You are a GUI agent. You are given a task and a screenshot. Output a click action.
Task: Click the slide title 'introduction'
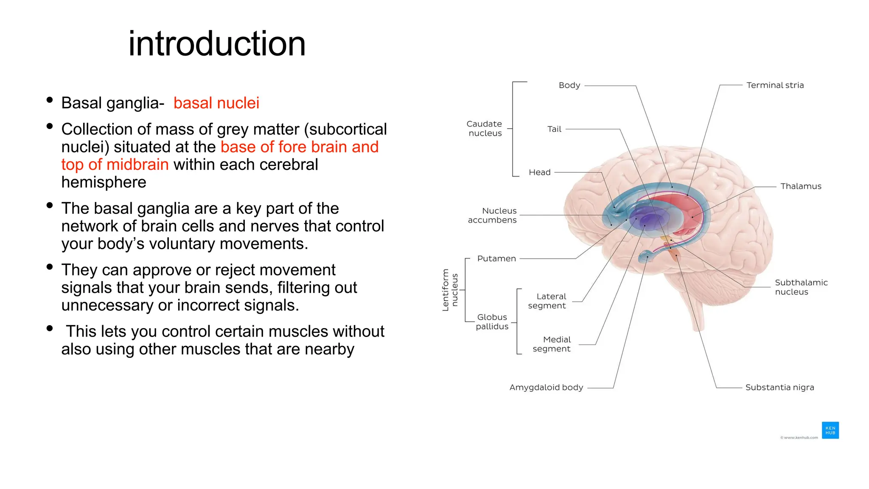[217, 44]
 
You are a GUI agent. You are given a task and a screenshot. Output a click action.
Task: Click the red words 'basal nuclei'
[216, 103]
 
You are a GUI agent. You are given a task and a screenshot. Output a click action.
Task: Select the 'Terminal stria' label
[775, 85]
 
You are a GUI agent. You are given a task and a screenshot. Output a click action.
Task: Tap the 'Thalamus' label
[801, 186]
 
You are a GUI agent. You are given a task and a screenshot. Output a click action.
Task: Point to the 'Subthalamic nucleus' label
[801, 287]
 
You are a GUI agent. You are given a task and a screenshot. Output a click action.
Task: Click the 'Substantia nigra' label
[779, 388]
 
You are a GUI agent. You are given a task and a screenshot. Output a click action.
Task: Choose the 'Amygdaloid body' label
[546, 388]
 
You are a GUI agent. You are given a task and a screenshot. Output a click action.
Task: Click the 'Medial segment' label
[552, 344]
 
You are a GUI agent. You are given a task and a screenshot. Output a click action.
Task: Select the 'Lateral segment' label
[547, 301]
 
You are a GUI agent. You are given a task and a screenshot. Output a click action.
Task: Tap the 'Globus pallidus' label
[492, 322]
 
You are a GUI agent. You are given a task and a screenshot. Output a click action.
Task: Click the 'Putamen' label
[496, 259]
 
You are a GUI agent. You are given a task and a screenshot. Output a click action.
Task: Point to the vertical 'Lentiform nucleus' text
[450, 290]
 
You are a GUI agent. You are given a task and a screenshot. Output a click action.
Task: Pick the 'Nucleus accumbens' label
[493, 215]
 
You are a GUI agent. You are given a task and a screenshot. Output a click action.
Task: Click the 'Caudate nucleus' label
[485, 129]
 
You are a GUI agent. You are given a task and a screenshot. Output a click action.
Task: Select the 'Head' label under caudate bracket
[539, 172]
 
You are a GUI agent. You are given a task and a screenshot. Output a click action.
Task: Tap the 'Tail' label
[554, 129]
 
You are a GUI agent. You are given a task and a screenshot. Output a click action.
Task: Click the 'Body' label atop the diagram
[569, 85]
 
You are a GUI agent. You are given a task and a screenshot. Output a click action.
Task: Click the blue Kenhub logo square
[830, 430]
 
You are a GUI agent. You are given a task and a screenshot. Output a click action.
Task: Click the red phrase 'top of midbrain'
[115, 165]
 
